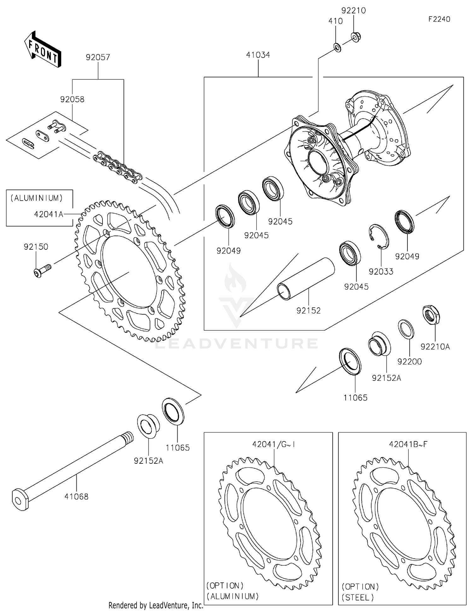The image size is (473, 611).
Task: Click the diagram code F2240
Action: click(439, 19)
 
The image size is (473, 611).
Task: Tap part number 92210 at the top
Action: click(353, 10)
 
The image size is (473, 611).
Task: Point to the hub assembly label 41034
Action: click(258, 55)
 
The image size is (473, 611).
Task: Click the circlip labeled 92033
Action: click(379, 236)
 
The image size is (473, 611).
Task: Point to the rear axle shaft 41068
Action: click(73, 468)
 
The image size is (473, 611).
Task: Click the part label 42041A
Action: click(49, 214)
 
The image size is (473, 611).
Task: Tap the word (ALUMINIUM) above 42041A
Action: click(37, 198)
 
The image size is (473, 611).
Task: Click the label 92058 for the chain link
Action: click(72, 99)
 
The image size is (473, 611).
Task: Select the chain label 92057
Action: click(98, 57)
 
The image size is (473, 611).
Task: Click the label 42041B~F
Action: click(408, 444)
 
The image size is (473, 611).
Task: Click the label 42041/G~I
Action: click(274, 444)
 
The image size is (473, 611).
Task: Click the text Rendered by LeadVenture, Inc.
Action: click(156, 605)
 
